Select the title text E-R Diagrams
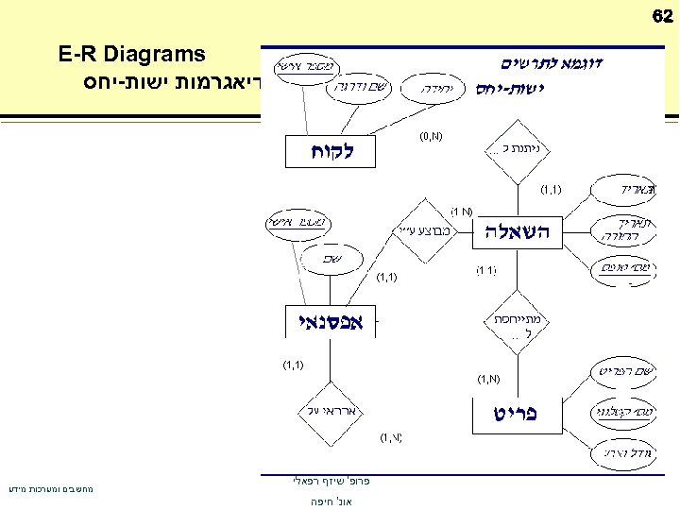(131, 54)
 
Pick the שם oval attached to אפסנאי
(331, 257)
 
